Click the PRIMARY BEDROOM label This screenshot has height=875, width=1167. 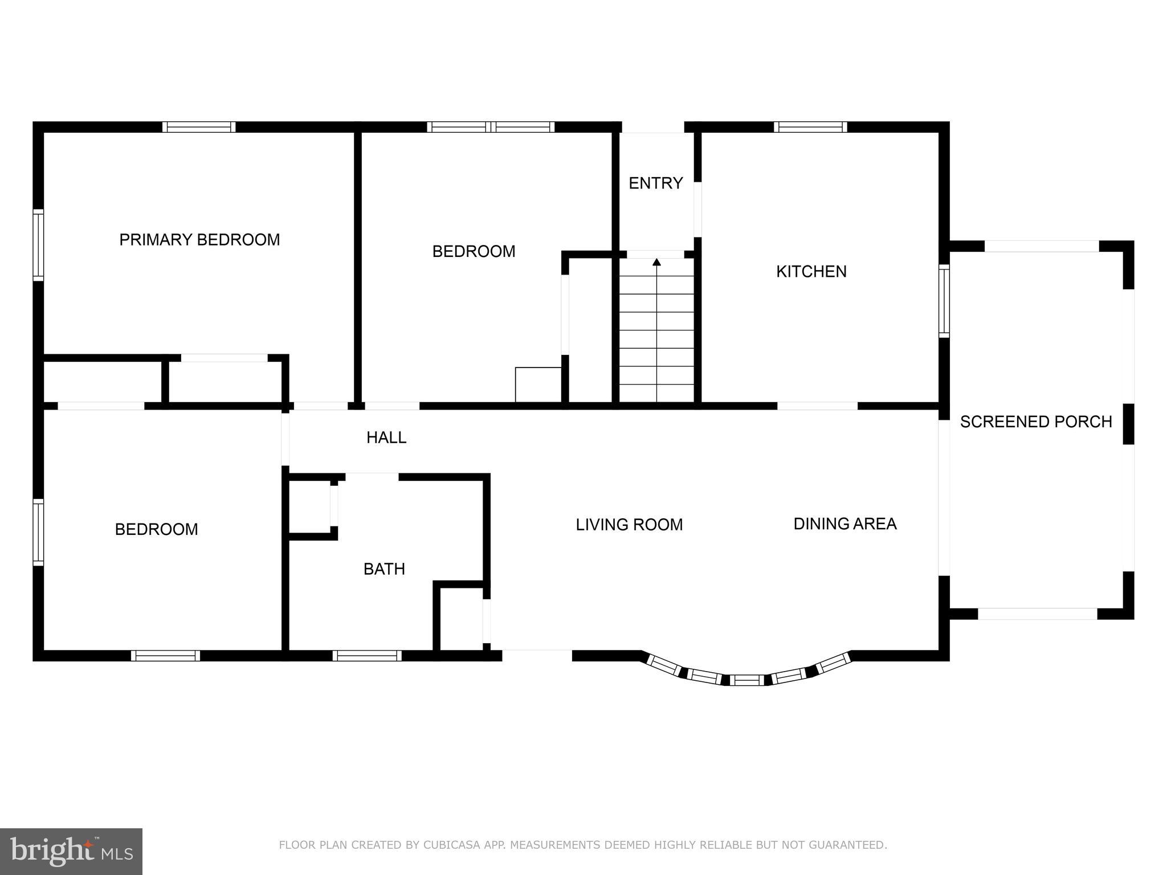199,240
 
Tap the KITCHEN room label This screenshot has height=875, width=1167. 811,272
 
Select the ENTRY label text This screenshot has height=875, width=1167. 655,183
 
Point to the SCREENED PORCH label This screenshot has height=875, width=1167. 1035,422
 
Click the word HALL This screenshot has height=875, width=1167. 386,437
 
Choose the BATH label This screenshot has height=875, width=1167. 384,569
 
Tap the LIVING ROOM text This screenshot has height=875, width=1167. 629,525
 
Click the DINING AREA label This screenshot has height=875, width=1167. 844,524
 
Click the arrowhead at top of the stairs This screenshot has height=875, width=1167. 656,262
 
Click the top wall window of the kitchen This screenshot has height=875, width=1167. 810,127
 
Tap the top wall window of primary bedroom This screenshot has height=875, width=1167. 199,127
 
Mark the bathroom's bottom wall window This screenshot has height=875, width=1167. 367,656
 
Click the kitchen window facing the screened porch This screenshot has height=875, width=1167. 944,301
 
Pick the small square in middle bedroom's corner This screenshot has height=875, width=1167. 538,385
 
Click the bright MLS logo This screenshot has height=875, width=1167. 71,851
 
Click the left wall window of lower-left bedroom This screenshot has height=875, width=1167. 38,532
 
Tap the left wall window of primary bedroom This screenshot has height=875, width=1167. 38,245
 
